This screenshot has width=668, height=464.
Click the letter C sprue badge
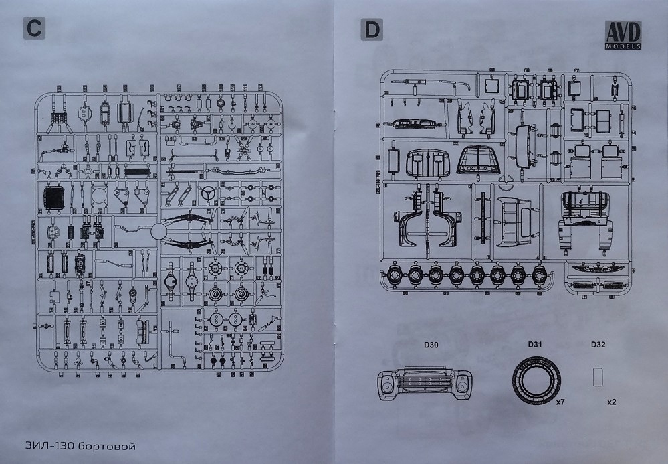point(33,30)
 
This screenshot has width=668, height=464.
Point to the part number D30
point(430,346)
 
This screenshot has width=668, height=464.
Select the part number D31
point(534,345)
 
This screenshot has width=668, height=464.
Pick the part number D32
point(598,346)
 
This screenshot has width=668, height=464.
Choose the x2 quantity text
point(611,403)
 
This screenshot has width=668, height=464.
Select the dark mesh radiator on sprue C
point(53,198)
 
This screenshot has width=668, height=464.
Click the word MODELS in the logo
point(623,46)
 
